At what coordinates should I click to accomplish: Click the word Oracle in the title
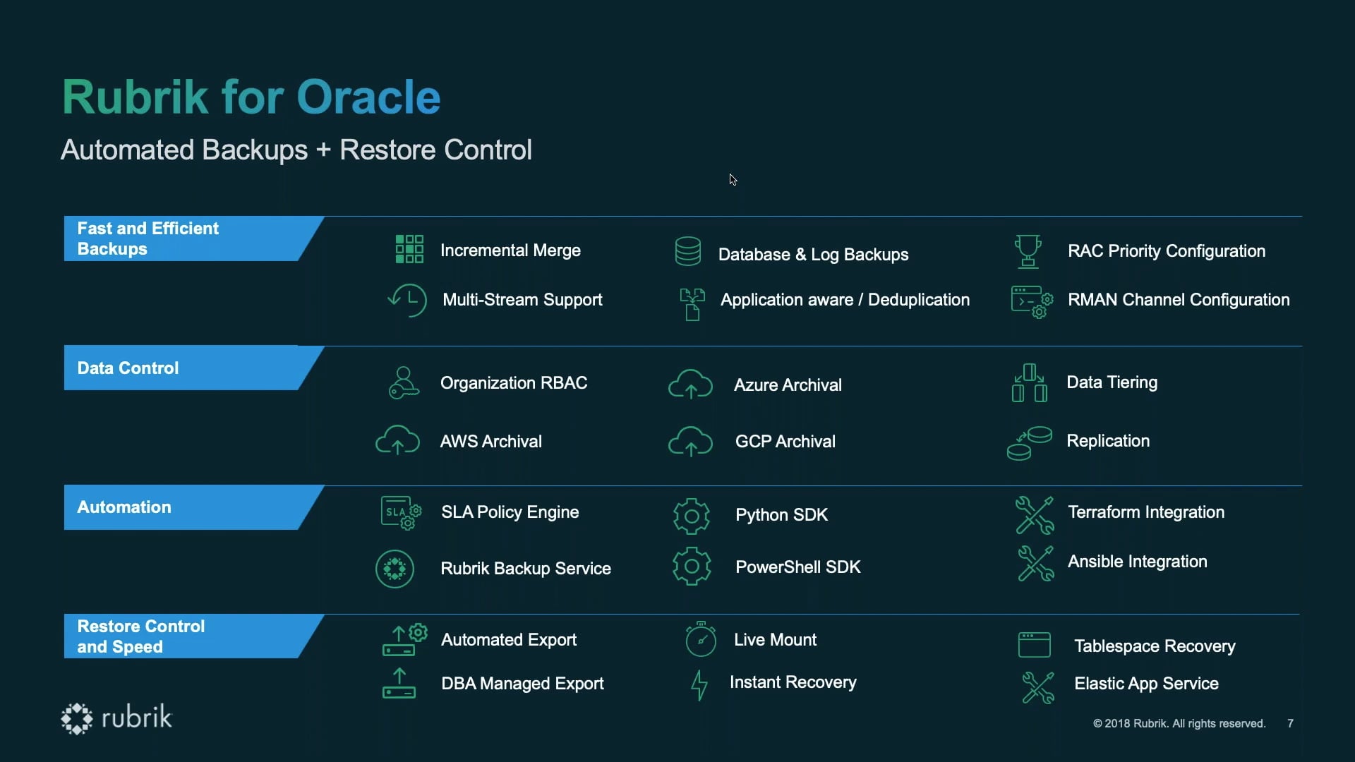coord(368,97)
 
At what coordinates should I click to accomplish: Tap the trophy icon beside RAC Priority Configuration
coord(1028,251)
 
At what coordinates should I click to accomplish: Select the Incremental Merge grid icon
coord(409,249)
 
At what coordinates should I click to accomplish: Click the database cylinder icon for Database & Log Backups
coord(687,251)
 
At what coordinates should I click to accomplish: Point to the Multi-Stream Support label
coord(522,300)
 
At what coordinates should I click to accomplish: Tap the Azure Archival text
coord(788,385)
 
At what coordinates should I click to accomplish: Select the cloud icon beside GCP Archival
coord(690,441)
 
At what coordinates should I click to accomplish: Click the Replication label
coord(1108,441)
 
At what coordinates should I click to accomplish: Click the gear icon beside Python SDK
coord(692,516)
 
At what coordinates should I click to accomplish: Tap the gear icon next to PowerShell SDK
coord(692,566)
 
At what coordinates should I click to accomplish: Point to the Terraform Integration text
coord(1146,512)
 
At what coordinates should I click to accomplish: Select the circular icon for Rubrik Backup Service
coord(395,569)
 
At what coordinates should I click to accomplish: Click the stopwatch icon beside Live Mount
coord(701,639)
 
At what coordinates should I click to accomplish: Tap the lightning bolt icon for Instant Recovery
coord(699,685)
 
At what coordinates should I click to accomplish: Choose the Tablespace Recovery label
coord(1155,646)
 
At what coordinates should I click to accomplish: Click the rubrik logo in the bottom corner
coord(116,718)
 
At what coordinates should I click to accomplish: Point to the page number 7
coord(1290,724)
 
